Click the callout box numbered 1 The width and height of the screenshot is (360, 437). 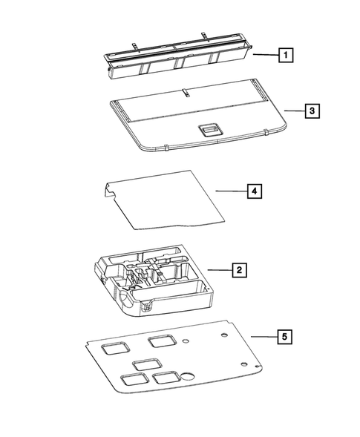coord(285,54)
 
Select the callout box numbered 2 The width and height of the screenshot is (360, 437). coord(238,269)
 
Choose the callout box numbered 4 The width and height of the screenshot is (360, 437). coord(255,191)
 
